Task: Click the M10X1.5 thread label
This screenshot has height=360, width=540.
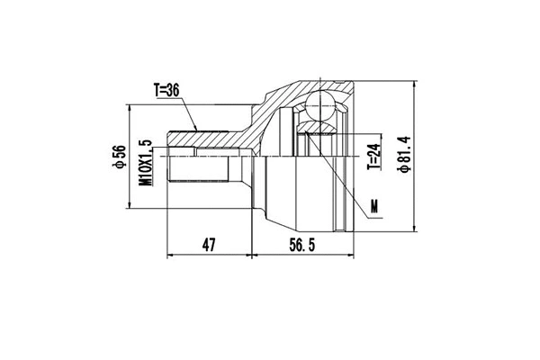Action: [144, 162]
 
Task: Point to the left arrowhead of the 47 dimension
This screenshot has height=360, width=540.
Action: [172, 255]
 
